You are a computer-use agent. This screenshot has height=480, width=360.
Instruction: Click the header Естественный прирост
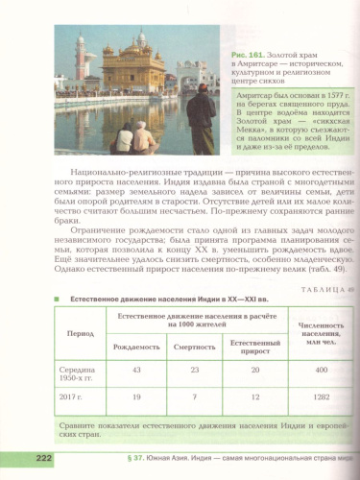tap(255, 346)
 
